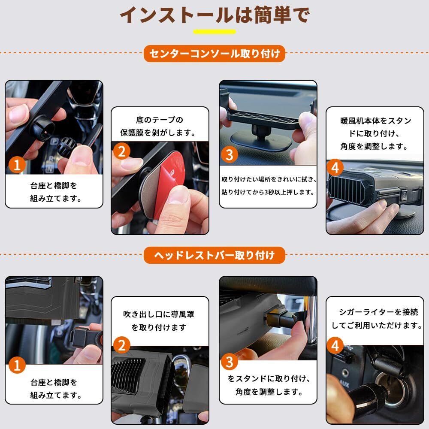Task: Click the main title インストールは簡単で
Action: (x=215, y=15)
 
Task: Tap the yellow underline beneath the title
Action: (x=214, y=32)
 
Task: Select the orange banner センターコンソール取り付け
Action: (x=214, y=54)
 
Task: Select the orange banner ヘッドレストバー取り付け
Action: (x=214, y=255)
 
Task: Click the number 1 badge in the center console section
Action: (x=17, y=165)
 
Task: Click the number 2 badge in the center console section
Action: (x=122, y=151)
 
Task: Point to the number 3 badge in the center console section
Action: (x=229, y=154)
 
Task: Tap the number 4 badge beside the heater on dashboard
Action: (x=335, y=167)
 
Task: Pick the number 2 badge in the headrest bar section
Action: (x=122, y=345)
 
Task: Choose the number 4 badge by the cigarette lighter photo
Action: (x=335, y=346)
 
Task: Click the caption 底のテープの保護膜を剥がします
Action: (x=159, y=126)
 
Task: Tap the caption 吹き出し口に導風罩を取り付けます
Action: (x=159, y=320)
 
